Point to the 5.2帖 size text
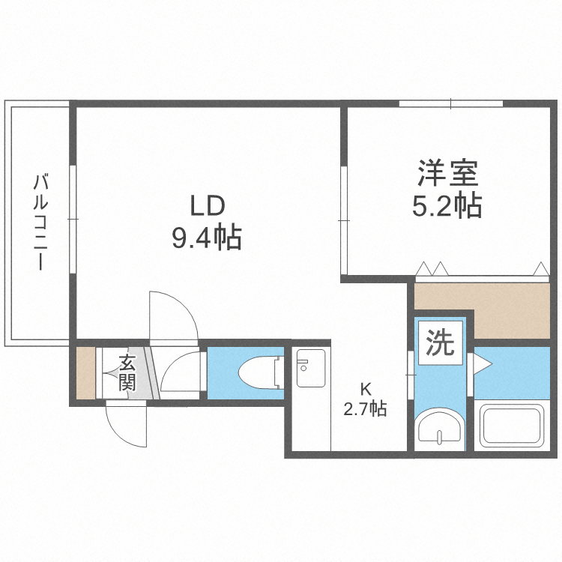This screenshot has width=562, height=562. click(447, 206)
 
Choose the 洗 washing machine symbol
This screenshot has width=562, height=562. click(440, 344)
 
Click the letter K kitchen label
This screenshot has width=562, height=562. click(366, 390)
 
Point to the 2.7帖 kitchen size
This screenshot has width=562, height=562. click(365, 410)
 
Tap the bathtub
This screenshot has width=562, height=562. click(514, 426)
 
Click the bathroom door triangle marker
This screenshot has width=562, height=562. click(482, 365)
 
